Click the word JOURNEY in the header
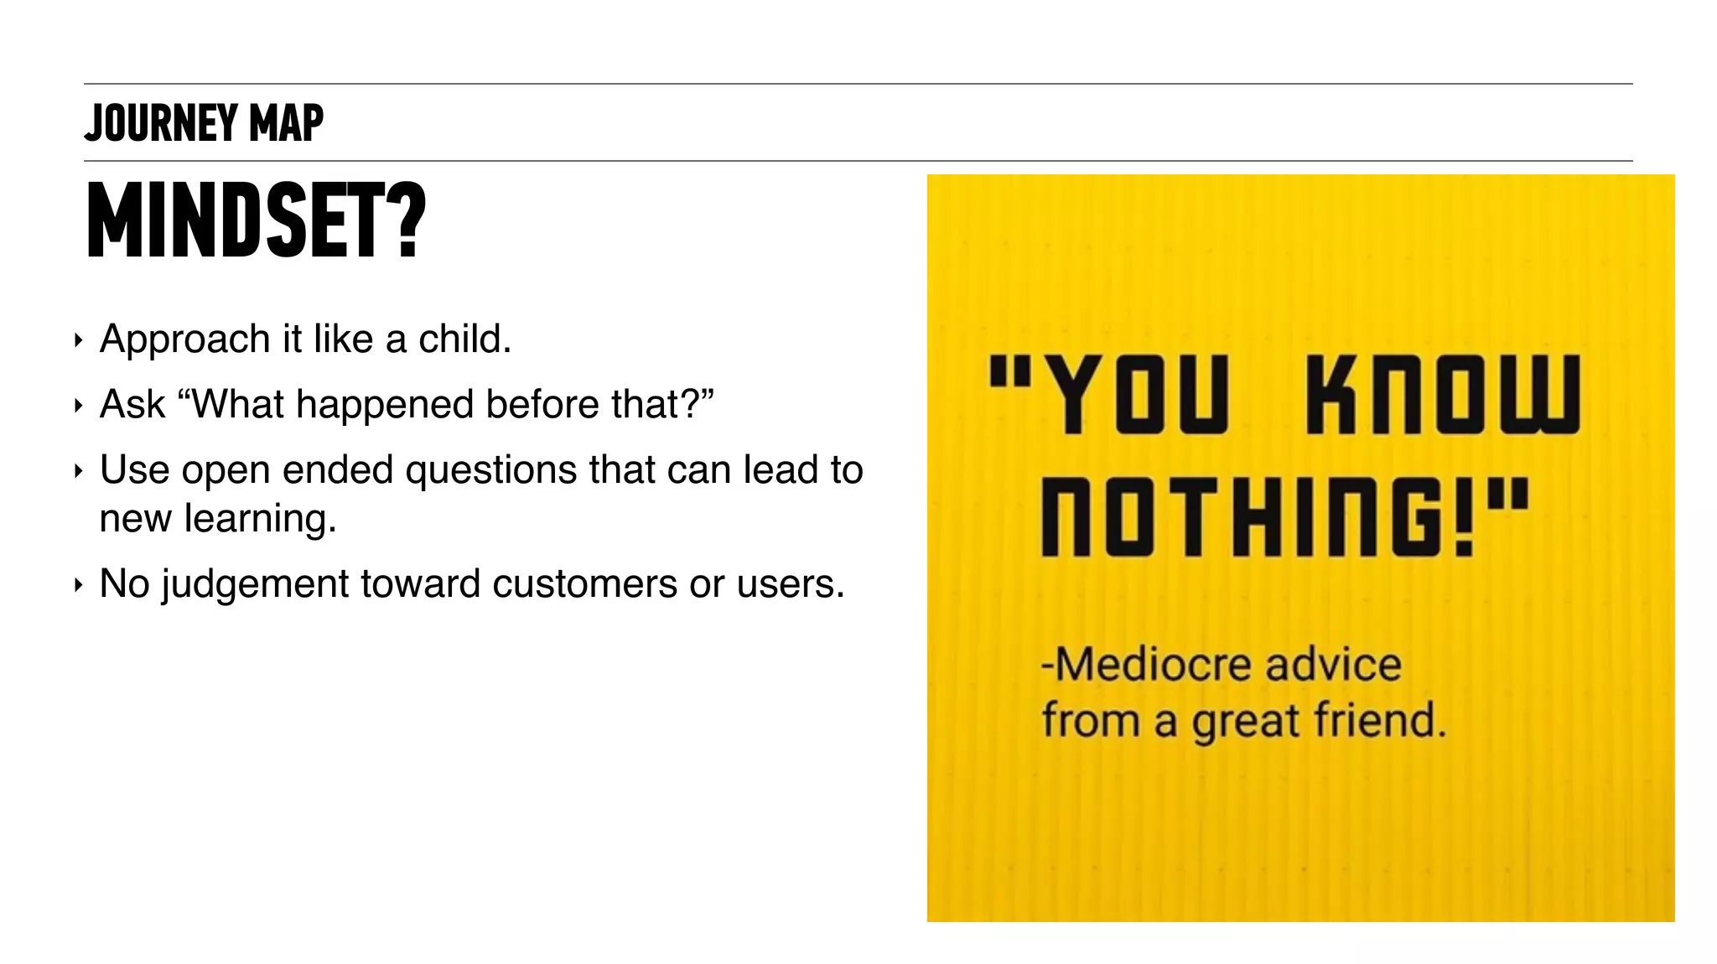pyautogui.click(x=161, y=123)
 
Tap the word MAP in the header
pyautogui.click(x=286, y=123)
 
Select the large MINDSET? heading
pyautogui.click(x=256, y=220)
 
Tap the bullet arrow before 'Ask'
pyautogui.click(x=78, y=406)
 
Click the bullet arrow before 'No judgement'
pyautogui.click(x=78, y=584)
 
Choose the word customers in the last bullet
pyautogui.click(x=584, y=583)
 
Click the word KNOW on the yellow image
pyautogui.click(x=1442, y=394)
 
